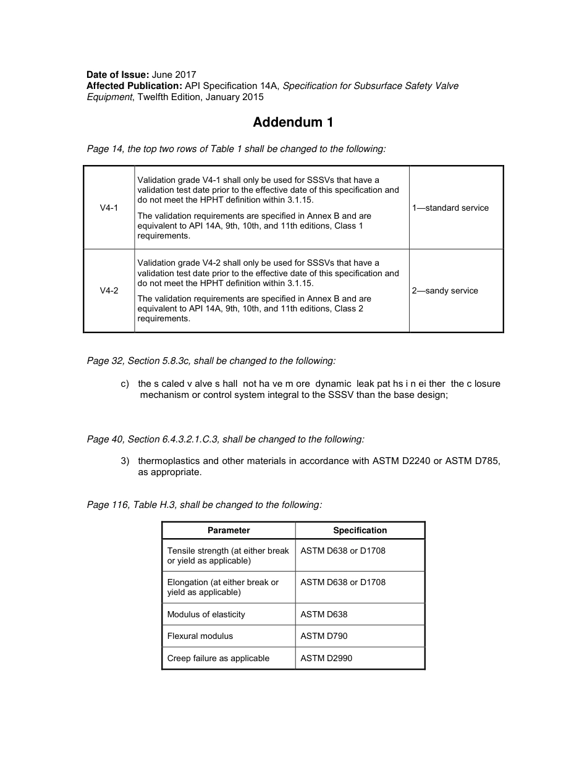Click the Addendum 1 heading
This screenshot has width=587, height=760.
pos(293,122)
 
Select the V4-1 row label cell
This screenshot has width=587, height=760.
pos(109,208)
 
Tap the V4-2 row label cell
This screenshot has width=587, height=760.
pos(109,291)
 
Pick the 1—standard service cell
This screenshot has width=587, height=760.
pos(450,208)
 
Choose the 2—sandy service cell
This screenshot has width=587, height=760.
pos(445,291)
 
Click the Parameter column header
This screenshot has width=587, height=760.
pos(229,530)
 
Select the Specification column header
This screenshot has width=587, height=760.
pos(360,530)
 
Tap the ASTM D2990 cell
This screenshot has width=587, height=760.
pos(326,658)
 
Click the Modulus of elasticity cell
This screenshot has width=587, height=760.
pos(206,614)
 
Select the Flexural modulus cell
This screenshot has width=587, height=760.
pos(200,636)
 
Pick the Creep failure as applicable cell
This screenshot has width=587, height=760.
pos(218,658)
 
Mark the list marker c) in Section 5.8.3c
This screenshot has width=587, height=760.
pos(125,384)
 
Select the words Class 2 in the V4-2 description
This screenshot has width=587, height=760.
pos(348,308)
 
